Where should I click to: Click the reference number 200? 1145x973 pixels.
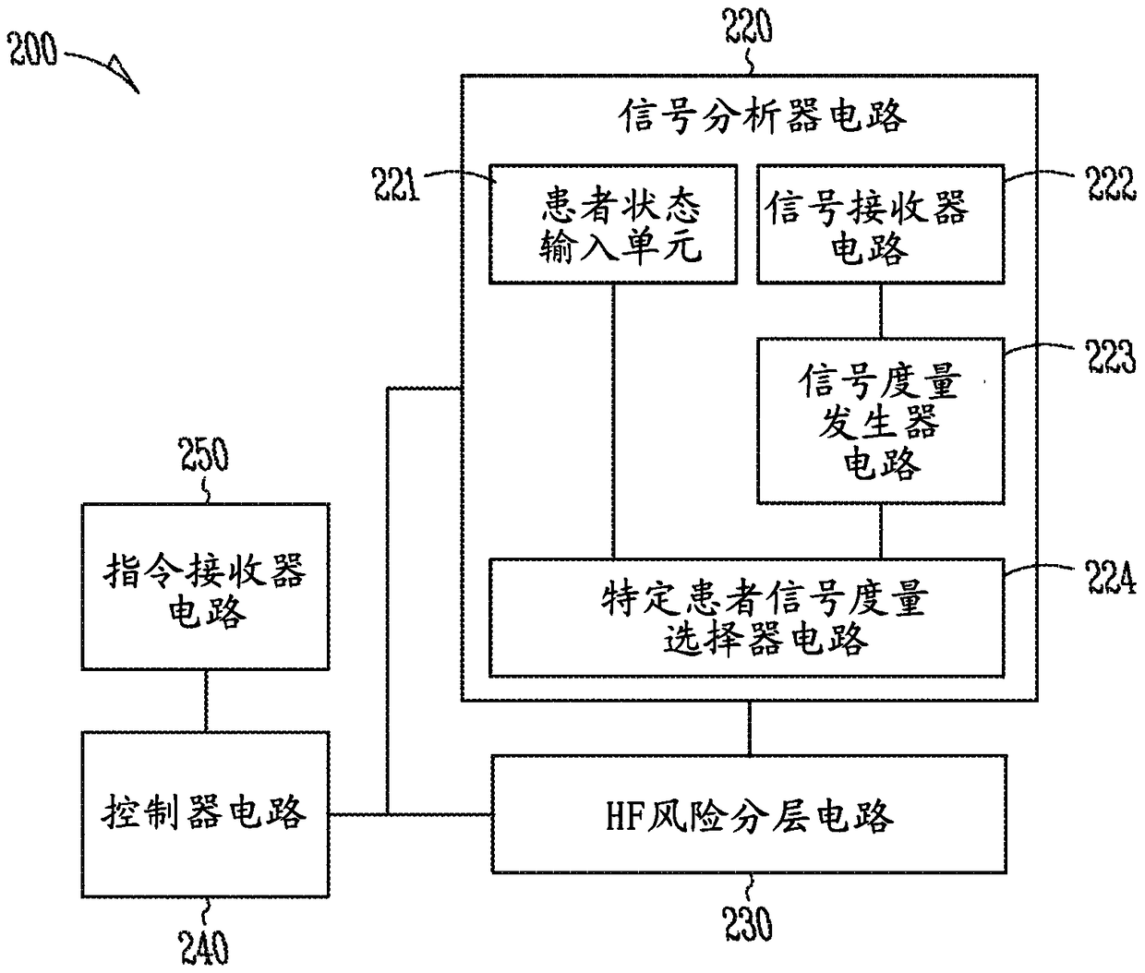click(x=32, y=50)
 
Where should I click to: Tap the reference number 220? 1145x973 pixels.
click(x=748, y=26)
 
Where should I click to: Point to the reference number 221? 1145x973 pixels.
click(x=396, y=185)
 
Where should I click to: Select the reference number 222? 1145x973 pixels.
click(x=1111, y=184)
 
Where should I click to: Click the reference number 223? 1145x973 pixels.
click(x=1111, y=356)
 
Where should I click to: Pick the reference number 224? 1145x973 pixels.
click(x=1110, y=578)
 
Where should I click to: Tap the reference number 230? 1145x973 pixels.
click(x=748, y=923)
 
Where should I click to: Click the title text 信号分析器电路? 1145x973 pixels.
click(x=762, y=116)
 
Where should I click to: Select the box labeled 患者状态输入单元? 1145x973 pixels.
click(x=613, y=224)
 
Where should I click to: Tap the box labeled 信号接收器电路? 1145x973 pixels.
click(x=881, y=224)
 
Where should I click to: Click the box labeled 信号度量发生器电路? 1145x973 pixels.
click(x=881, y=421)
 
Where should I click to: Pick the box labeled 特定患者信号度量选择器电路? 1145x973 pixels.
click(x=747, y=618)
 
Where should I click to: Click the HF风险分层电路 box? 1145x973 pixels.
click(x=749, y=814)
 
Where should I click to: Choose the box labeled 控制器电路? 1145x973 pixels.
click(x=206, y=814)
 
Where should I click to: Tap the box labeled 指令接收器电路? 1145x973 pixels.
click(x=206, y=587)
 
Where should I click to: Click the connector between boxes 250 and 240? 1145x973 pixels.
click(x=206, y=701)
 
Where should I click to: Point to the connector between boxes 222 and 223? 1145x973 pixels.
click(x=881, y=311)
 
